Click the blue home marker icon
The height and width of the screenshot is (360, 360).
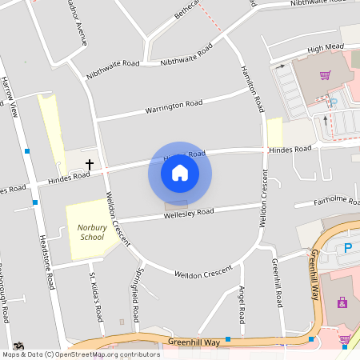tap(180, 172)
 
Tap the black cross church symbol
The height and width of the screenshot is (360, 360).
tap(89, 164)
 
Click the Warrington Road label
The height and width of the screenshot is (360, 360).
tap(174, 106)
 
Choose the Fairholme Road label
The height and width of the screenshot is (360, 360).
tap(334, 200)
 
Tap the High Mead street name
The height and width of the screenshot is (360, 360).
tap(326, 48)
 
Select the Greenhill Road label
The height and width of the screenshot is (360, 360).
tap(277, 283)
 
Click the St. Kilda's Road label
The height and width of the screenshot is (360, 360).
tap(97, 297)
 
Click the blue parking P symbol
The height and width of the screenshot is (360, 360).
tap(348, 248)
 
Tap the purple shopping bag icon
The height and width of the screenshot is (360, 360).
tap(342, 302)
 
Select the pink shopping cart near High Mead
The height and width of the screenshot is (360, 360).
tap(325, 75)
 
